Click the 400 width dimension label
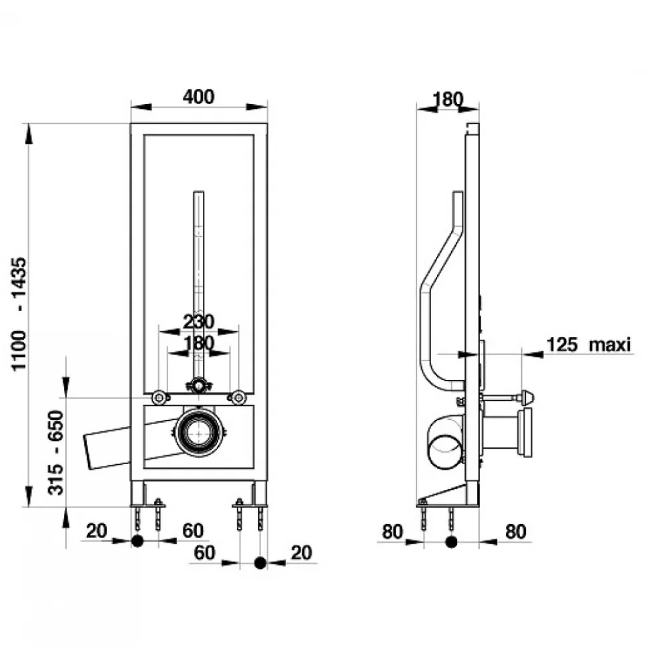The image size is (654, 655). coord(198,97)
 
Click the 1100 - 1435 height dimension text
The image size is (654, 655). coord(19,314)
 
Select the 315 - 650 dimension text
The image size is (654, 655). coord(55,453)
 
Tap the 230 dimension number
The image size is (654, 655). coord(198,322)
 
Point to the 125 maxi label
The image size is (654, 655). coord(589,345)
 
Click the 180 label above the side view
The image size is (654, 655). coord(448,99)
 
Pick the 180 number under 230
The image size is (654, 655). coord(199,343)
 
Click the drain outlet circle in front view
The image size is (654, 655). coord(199,432)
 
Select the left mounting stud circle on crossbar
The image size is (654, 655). coord(159,397)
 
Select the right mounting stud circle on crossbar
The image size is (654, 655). coord(238,397)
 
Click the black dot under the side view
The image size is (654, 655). coord(451,542)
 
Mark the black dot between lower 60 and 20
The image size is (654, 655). coord(260,563)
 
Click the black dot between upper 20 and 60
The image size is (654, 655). coord(137,541)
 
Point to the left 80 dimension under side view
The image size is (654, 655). coord(392,531)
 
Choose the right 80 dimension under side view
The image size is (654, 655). coord(515,531)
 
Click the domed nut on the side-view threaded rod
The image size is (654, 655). coord(527,397)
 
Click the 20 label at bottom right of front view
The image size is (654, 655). coord(301,553)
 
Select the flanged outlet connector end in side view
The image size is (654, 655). coord(525,432)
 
